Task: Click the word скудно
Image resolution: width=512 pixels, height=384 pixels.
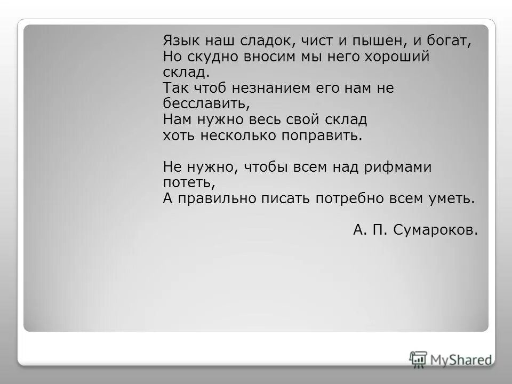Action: [x=213, y=57]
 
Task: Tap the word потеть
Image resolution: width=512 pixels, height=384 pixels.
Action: [x=188, y=183]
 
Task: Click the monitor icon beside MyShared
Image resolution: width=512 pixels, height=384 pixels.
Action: [x=418, y=358]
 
